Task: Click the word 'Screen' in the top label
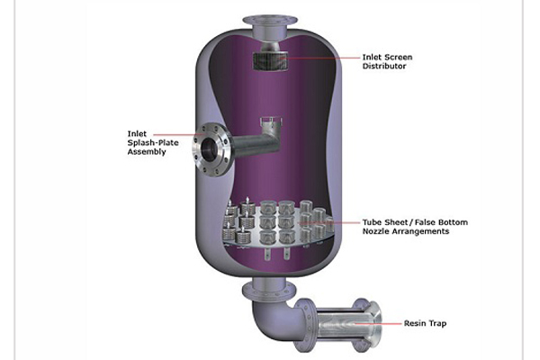[399, 58]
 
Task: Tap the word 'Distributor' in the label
[384, 66]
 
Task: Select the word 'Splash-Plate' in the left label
[153, 143]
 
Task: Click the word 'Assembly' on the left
[147, 152]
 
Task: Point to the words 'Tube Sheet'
[385, 222]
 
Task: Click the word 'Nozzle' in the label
[375, 231]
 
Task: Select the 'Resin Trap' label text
[425, 323]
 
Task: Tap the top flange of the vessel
[270, 21]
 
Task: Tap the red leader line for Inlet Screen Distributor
[322, 58]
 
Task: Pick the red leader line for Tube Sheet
[330, 222]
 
